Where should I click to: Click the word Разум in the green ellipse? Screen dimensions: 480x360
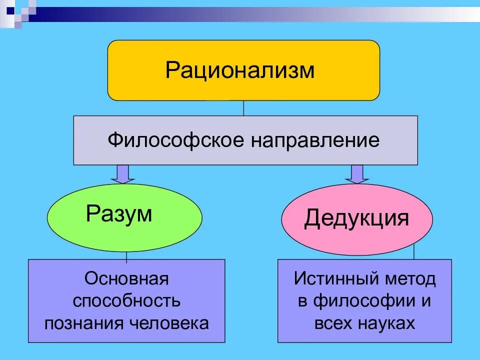(x=119, y=214)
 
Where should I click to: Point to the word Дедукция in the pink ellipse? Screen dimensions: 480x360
(x=356, y=218)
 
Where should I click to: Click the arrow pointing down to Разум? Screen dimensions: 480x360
(x=122, y=174)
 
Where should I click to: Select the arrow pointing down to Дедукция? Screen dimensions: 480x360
(x=356, y=174)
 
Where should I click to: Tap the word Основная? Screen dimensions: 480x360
(x=126, y=278)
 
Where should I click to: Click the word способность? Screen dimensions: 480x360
(x=126, y=301)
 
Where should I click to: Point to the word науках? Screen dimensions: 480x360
(x=385, y=323)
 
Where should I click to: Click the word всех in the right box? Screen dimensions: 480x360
(x=333, y=323)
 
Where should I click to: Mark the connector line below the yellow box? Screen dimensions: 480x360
(x=243, y=108)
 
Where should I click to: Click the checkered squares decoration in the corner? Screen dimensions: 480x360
(x=18, y=11)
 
